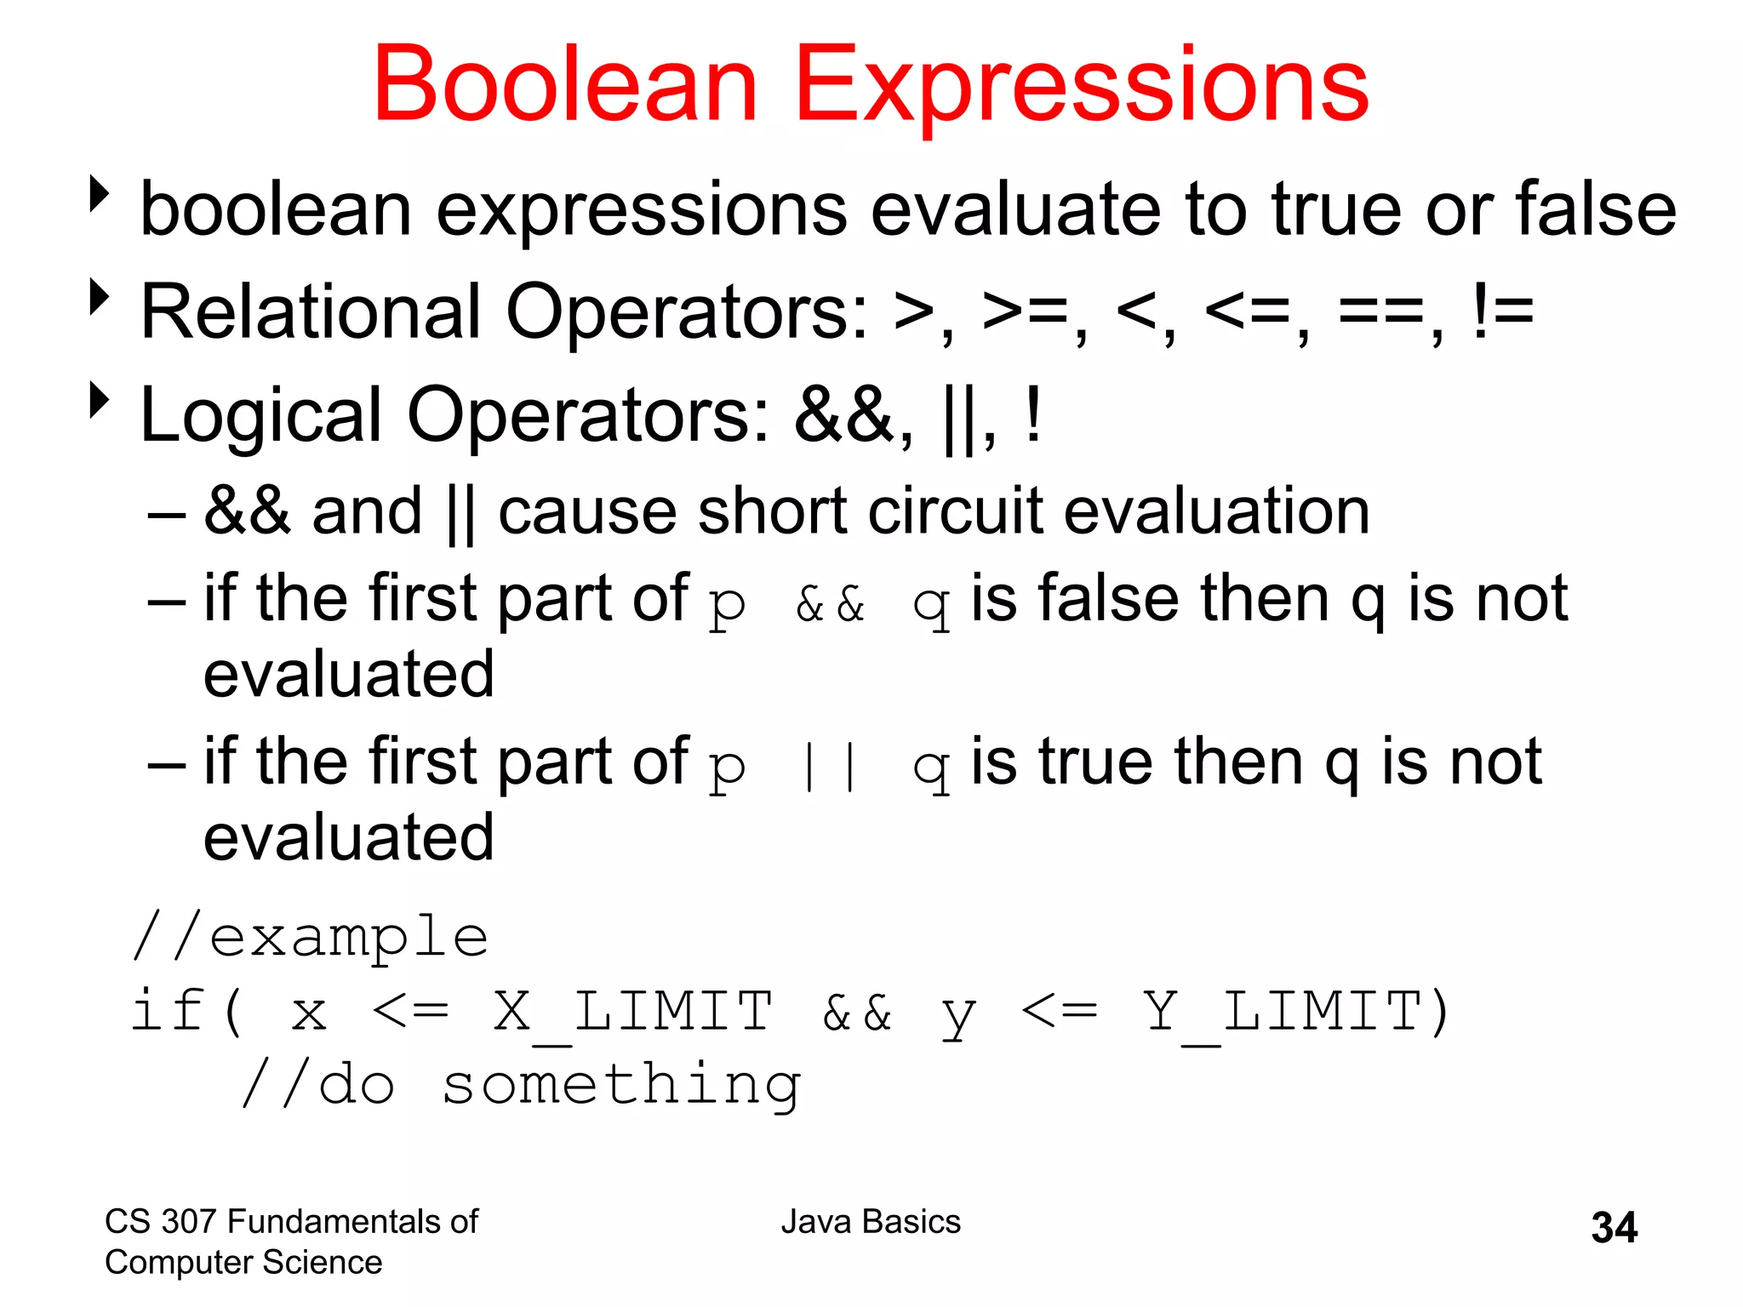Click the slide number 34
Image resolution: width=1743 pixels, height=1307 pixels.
pos(1614,1227)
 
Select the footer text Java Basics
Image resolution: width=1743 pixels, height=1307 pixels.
pos(871,1222)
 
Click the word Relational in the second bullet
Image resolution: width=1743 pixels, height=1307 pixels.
pos(311,311)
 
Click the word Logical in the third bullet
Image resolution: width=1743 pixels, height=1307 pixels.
pos(260,416)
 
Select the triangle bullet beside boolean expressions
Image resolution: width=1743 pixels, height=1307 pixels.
pos(100,194)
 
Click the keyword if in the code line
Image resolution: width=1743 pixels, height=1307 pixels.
pos(167,1011)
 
